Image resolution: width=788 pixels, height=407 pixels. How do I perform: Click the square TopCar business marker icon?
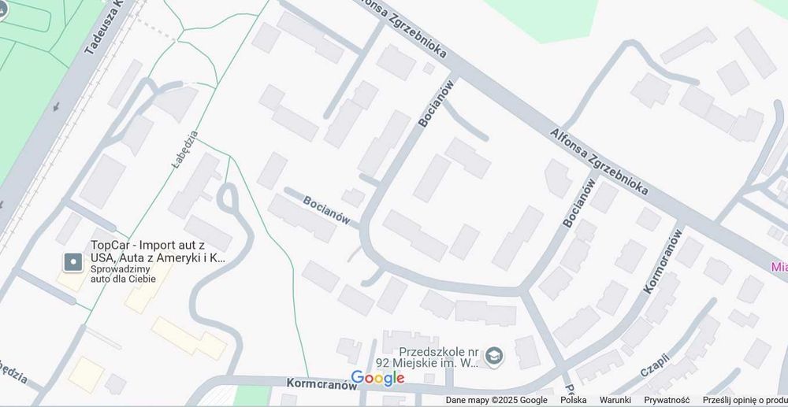click(73, 261)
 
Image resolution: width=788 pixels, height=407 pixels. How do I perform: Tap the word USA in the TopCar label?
click(104, 257)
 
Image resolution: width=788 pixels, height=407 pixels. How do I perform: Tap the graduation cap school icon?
click(494, 357)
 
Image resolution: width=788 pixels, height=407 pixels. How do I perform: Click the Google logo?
click(377, 378)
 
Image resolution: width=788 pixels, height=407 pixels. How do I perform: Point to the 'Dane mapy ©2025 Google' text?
click(496, 400)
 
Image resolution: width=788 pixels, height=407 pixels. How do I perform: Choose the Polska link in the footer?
click(573, 400)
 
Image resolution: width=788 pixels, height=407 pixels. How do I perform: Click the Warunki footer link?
click(615, 400)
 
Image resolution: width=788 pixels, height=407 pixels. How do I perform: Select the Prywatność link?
click(666, 400)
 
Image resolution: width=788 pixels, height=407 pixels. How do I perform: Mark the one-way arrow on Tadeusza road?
click(55, 105)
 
